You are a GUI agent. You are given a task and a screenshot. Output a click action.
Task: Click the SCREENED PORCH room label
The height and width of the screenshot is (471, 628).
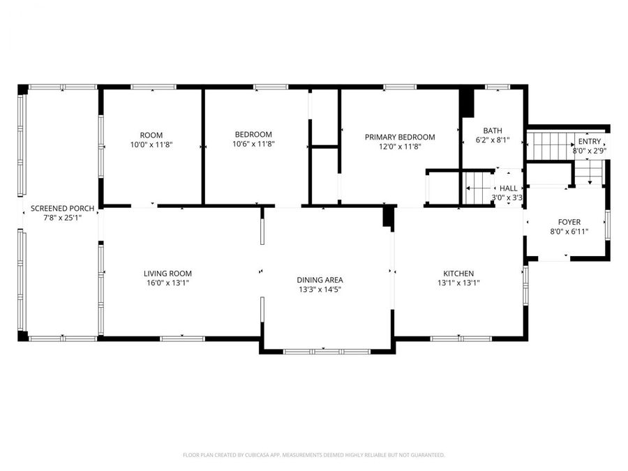pyautogui.click(x=62, y=209)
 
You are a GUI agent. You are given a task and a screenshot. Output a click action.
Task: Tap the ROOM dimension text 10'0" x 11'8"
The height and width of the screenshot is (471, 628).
pyautogui.click(x=151, y=145)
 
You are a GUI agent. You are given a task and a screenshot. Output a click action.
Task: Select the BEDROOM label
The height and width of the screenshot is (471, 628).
pyautogui.click(x=253, y=135)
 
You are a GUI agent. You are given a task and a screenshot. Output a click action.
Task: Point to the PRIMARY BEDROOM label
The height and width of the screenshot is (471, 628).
pyautogui.click(x=400, y=137)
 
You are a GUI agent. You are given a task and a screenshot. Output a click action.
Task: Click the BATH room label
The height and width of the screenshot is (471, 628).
pyautogui.click(x=493, y=130)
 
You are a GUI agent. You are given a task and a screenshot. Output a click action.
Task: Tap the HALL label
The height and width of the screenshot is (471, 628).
pyautogui.click(x=508, y=188)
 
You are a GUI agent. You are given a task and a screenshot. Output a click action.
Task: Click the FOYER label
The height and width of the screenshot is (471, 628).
pyautogui.click(x=569, y=223)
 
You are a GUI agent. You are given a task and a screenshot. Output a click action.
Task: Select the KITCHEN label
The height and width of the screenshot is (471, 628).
pyautogui.click(x=458, y=274)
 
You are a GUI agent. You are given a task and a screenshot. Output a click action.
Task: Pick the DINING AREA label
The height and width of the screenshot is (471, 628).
pyautogui.click(x=320, y=280)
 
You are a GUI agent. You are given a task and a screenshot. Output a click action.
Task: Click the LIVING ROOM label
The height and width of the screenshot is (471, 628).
pyautogui.click(x=167, y=274)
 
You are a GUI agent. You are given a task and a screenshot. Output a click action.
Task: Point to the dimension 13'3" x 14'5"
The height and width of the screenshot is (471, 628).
pyautogui.click(x=320, y=290)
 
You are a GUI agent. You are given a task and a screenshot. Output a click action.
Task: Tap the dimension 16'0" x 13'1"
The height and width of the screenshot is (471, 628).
pyautogui.click(x=167, y=283)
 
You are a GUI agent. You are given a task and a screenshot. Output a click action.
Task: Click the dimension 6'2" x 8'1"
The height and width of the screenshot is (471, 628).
pyautogui.click(x=493, y=140)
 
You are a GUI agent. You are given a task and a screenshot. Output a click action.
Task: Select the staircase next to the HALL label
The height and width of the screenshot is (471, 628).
pyautogui.click(x=479, y=188)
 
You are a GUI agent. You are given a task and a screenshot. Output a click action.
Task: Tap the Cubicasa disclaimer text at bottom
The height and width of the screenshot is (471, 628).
pyautogui.click(x=313, y=455)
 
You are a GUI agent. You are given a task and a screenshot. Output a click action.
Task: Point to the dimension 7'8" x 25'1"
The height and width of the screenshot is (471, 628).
pyautogui.click(x=62, y=218)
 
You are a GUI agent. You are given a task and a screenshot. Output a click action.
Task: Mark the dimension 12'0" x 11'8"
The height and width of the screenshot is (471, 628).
pyautogui.click(x=400, y=147)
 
